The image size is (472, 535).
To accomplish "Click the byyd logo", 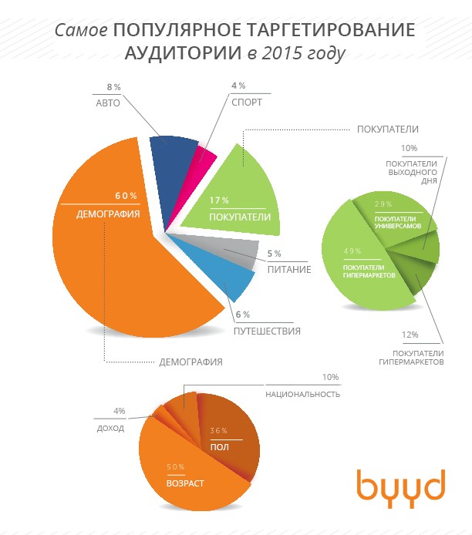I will click(400, 485).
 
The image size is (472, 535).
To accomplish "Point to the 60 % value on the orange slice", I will click(126, 195).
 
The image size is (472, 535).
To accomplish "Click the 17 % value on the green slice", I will click(221, 200).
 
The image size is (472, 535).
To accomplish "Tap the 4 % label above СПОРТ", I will click(238, 86).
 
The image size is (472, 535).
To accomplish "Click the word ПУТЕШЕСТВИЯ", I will click(266, 331).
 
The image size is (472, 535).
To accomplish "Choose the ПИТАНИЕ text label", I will click(289, 270).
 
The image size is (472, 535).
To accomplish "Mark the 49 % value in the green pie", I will click(351, 251).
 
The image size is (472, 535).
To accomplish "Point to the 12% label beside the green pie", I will click(410, 335).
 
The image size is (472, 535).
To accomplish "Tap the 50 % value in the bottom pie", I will click(175, 466).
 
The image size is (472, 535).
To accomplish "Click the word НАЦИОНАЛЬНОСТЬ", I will click(302, 394).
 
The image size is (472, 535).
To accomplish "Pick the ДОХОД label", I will click(110, 428).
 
